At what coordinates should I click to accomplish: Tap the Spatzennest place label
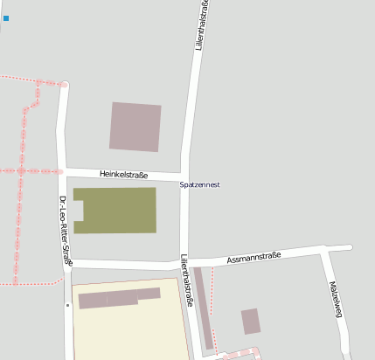[x=199, y=185]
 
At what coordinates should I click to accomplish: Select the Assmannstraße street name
[x=253, y=257]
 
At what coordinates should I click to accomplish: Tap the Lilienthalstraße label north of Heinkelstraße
[x=200, y=26]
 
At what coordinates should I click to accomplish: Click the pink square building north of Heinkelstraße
[x=135, y=127]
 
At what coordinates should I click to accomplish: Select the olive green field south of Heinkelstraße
[x=118, y=210]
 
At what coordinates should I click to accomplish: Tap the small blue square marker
[x=6, y=17]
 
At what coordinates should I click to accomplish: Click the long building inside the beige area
[x=119, y=298]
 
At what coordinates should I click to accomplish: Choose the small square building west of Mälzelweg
[x=251, y=321]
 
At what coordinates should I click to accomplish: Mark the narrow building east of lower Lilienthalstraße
[x=203, y=308]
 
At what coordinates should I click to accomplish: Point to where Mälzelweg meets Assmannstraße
[x=324, y=252]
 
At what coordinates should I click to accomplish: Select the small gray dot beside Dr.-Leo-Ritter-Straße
[x=67, y=306]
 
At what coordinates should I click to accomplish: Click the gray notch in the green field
[x=77, y=211]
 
